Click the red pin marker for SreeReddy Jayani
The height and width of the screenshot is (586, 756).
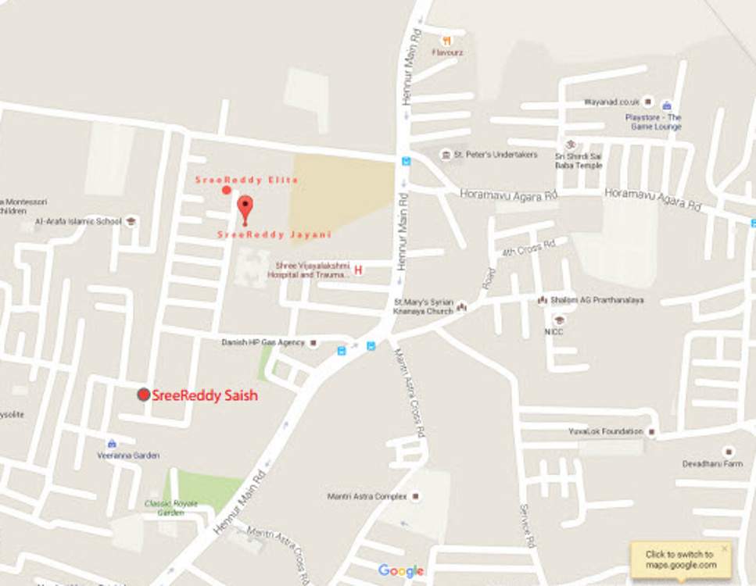click(x=245, y=207)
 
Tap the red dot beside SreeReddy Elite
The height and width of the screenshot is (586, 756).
click(x=226, y=190)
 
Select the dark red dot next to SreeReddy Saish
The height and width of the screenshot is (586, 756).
click(x=144, y=395)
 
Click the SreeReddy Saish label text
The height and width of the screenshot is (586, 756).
click(x=205, y=395)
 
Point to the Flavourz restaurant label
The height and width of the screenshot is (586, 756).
click(x=447, y=53)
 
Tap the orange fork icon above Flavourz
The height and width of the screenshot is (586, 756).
click(x=446, y=40)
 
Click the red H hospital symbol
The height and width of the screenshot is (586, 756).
click(x=359, y=270)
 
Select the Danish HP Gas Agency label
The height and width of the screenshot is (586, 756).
click(x=263, y=342)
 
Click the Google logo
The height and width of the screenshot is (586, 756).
click(x=401, y=571)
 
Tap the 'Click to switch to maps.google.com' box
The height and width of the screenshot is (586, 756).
click(x=680, y=559)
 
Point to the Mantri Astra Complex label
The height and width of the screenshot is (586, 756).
click(x=367, y=496)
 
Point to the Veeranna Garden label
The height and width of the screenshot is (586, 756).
click(x=128, y=455)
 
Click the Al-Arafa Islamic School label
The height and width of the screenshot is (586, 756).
click(x=78, y=221)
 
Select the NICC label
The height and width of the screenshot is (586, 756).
click(x=554, y=332)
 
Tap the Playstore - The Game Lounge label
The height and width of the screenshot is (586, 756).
click(x=653, y=122)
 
